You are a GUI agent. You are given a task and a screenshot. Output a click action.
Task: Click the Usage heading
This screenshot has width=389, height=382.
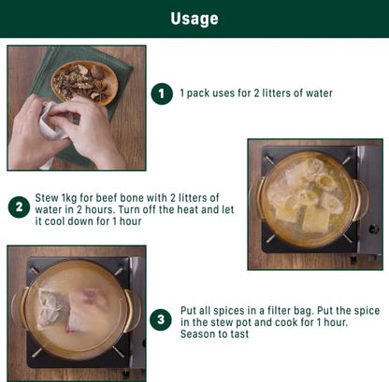coord(194,19)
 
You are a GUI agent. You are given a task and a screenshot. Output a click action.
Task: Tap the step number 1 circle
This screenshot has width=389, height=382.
coord(162,93)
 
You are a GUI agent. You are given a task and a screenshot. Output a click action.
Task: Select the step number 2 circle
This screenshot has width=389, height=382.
coord(19,207)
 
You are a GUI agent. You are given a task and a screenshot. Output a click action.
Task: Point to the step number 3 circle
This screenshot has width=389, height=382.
coord(161,319)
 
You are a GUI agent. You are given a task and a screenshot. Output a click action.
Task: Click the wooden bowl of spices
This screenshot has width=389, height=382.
coord(85,82)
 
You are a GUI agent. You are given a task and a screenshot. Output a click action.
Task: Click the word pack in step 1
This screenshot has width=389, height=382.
coord(198,93)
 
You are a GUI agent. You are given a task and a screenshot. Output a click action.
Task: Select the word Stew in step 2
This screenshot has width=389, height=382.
coord(47,198)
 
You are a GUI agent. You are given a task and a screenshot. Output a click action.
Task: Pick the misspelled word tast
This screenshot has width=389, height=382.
coord(239,334)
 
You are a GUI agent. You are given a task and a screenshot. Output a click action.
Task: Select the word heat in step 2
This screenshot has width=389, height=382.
coord(188,209)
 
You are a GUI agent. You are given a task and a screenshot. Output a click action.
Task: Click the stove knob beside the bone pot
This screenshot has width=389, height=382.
coord(374,229)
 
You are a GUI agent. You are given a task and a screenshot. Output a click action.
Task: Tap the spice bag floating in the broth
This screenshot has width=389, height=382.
coord(52,307)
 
